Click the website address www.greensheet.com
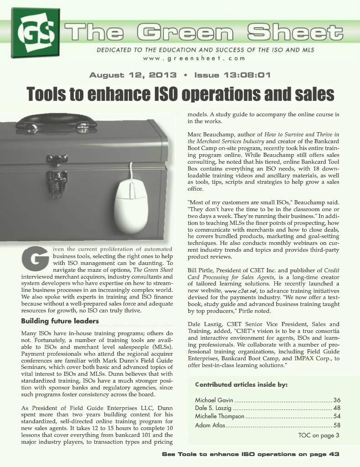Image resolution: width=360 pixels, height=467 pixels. tap(194, 58)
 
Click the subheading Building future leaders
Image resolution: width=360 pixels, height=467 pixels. tap(60, 321)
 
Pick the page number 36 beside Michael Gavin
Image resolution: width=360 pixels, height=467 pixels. tap(337, 400)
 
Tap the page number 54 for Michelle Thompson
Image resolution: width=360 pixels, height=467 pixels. tap(337, 416)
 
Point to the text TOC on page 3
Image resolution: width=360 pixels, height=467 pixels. tap(319, 435)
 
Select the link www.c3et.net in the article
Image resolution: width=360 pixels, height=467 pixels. tap(245, 291)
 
